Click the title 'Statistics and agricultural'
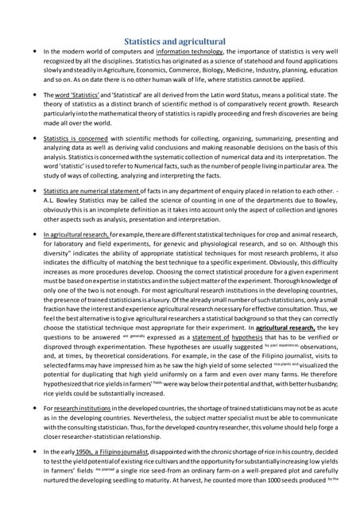tap(180, 41)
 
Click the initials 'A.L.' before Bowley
tap(48, 201)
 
